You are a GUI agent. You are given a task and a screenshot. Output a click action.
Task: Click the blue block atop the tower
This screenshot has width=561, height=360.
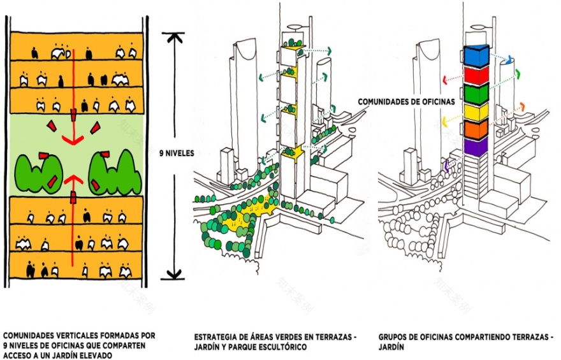476,56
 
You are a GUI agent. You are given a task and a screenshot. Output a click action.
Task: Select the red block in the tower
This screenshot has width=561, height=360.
476,75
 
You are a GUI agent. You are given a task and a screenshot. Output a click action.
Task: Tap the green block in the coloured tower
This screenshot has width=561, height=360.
476,94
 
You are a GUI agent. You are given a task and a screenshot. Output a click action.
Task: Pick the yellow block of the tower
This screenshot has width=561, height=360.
476,112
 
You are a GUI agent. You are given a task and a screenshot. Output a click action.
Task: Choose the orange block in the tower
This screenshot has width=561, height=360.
476,129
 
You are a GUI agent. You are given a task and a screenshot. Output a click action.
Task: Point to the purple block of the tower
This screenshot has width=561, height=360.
476,147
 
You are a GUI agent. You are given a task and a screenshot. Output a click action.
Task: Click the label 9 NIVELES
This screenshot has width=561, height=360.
177,154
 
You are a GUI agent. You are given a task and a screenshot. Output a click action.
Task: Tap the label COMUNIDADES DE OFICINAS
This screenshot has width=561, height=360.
407,101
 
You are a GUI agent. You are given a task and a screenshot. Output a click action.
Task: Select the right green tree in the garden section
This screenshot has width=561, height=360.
115,172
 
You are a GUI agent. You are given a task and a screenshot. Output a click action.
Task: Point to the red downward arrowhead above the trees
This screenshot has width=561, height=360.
73,140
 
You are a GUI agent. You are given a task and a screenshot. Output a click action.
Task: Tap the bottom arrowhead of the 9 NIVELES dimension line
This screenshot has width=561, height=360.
174,274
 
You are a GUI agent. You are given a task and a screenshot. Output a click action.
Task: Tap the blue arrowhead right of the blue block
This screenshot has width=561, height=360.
509,59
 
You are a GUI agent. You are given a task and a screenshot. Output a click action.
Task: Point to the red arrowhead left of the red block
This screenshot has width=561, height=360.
445,80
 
